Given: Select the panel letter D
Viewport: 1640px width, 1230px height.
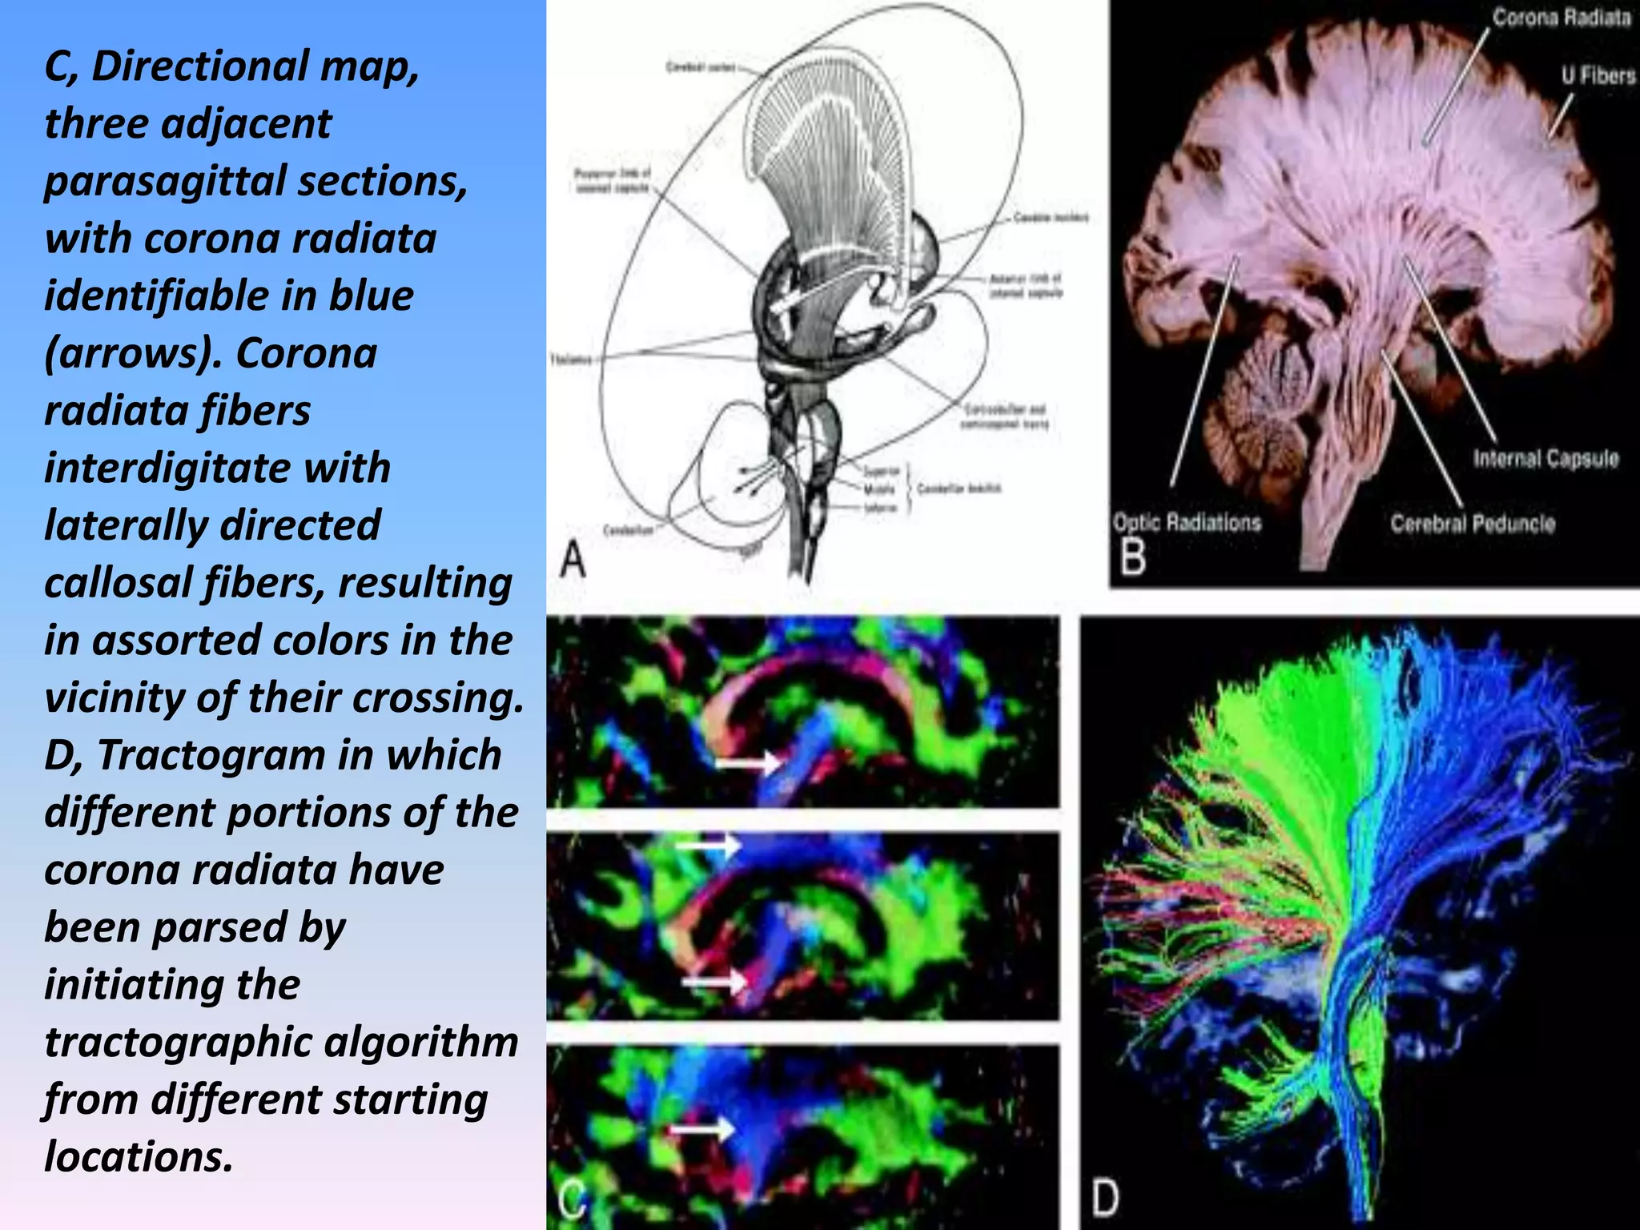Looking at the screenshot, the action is coord(1106,1198).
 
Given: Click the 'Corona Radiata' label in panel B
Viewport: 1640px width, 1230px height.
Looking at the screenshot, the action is coord(1561,18).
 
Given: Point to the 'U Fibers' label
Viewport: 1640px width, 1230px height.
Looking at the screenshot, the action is coord(1598,75).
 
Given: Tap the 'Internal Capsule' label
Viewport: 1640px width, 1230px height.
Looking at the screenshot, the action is coord(1546,459).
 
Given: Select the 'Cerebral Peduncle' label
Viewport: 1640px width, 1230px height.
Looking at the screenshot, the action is coord(1473,524).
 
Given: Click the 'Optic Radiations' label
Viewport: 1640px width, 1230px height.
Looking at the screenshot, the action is coord(1187,523).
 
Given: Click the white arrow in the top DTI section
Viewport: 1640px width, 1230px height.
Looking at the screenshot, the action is coord(748,763).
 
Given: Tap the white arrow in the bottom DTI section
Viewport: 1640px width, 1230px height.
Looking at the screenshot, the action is coord(701,1129).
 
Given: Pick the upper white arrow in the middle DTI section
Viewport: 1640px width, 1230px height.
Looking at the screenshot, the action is coord(708,844).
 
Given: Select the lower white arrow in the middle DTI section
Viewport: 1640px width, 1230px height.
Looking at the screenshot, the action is coord(714,980).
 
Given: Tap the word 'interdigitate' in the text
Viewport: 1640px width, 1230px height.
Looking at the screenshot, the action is coord(217,468).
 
